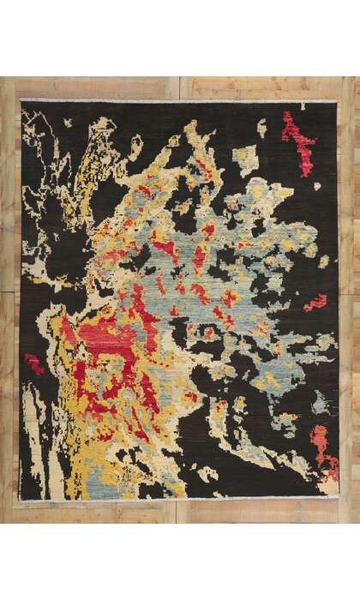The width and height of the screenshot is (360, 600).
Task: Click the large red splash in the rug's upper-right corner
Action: click(298, 141)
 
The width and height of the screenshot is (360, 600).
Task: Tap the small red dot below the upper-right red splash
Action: click(316, 185)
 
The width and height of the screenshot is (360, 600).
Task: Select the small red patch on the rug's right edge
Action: click(316, 302)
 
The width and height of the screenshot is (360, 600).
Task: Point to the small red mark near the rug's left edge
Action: click(33, 363)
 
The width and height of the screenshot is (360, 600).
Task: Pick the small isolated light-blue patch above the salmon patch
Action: click(319, 402)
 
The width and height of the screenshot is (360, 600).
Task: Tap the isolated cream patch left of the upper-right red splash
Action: click(261, 129)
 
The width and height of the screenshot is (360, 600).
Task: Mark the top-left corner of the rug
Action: click(21, 102)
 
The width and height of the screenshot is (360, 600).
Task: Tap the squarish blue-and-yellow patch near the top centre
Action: click(245, 159)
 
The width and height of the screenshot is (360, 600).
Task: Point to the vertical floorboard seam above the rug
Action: click(180, 88)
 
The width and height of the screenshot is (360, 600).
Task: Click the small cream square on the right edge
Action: click(324, 261)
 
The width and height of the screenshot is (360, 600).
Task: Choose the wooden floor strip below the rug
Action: click(180, 513)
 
